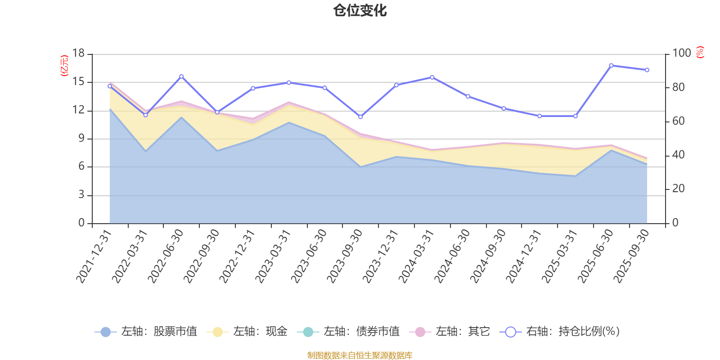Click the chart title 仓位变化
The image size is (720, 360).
tap(360, 10)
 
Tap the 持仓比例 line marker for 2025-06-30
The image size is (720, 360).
tap(611, 66)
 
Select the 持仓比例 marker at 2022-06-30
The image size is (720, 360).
tap(181, 76)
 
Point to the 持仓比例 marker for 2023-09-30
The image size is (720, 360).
tap(360, 117)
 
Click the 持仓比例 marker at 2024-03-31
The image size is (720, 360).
tap(432, 77)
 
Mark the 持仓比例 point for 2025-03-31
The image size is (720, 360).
tap(576, 116)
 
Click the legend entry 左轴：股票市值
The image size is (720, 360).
tap(146, 332)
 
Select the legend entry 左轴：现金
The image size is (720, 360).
tap(247, 332)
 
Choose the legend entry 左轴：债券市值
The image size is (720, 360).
tap(348, 332)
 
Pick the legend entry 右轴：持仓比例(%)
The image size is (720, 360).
tap(560, 332)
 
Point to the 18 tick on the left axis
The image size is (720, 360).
tap(78, 54)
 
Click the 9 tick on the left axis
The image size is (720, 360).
tap(81, 139)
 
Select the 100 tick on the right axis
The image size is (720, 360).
tap(681, 54)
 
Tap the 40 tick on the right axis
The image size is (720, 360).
tap(678, 155)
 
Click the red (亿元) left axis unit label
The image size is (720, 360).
tap(65, 66)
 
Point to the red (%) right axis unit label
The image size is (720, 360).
tap(700, 53)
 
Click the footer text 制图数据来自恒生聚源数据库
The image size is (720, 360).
tap(360, 355)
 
